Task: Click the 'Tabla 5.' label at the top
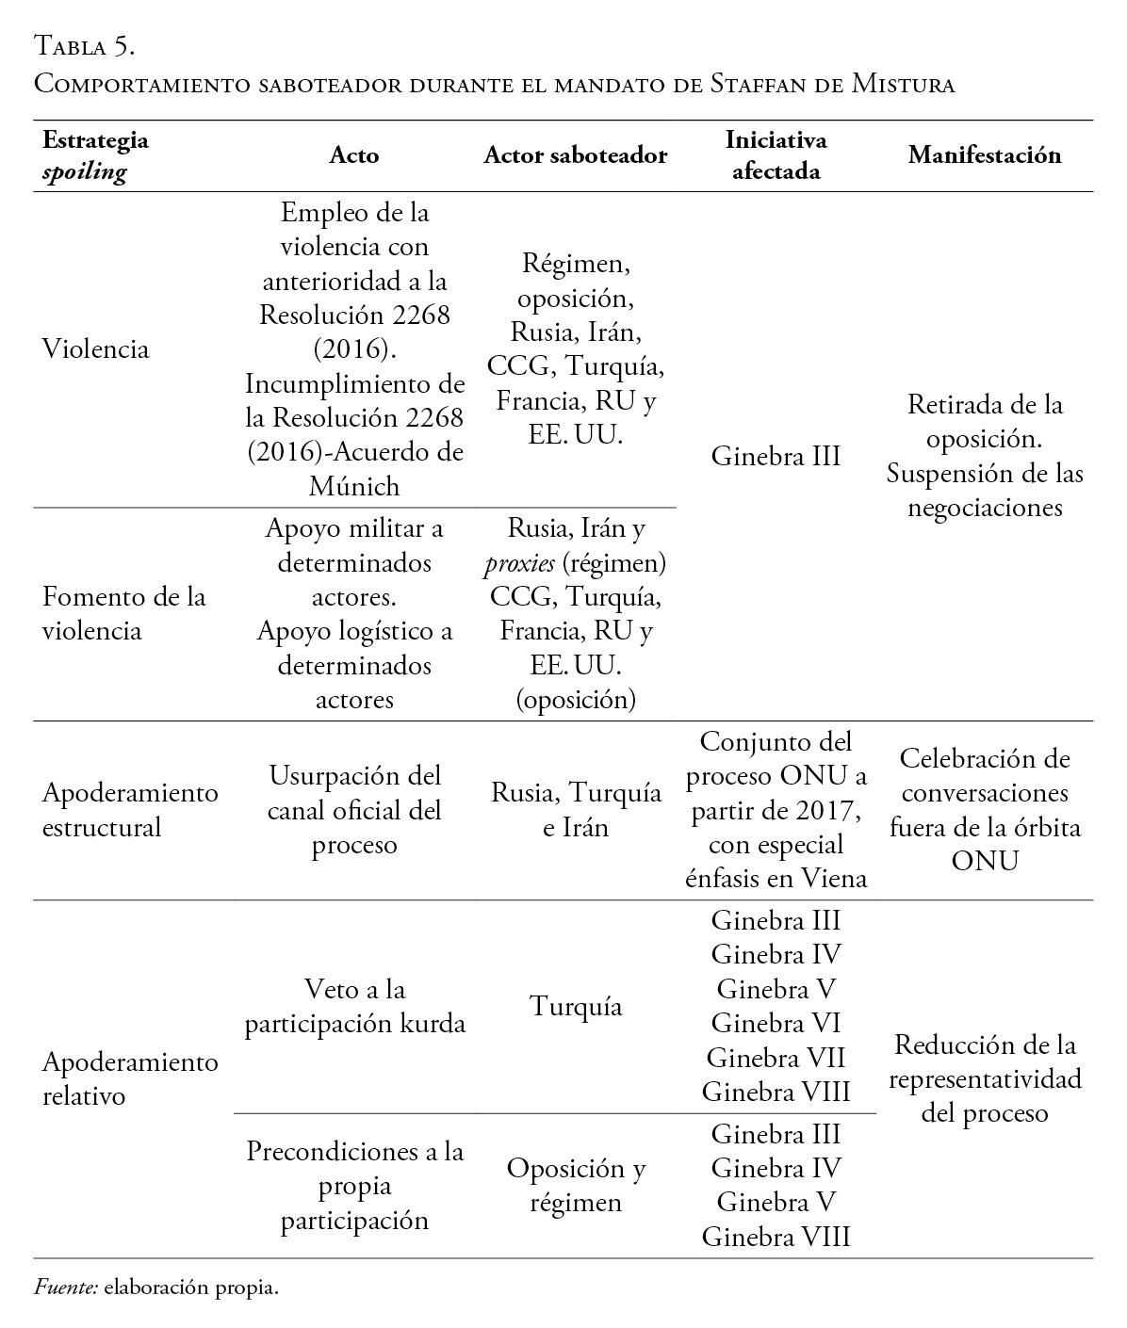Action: point(85,45)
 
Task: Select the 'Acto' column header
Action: point(354,155)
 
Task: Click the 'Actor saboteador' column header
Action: point(575,155)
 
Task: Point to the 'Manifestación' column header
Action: point(985,155)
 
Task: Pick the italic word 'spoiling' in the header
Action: point(85,172)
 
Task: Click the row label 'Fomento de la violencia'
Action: point(123,613)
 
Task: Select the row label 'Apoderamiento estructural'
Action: point(130,810)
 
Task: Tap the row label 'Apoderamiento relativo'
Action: point(130,1078)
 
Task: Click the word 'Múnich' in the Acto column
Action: point(354,486)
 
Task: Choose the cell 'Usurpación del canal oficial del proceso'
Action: point(354,810)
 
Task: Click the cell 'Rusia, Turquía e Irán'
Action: point(576,810)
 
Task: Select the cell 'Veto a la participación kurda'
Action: point(354,1006)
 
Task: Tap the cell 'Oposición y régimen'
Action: point(576,1185)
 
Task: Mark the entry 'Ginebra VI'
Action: point(776,1023)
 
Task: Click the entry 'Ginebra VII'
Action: point(776,1058)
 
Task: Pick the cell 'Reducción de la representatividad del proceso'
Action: point(985,1078)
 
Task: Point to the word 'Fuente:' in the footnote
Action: point(66,1288)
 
